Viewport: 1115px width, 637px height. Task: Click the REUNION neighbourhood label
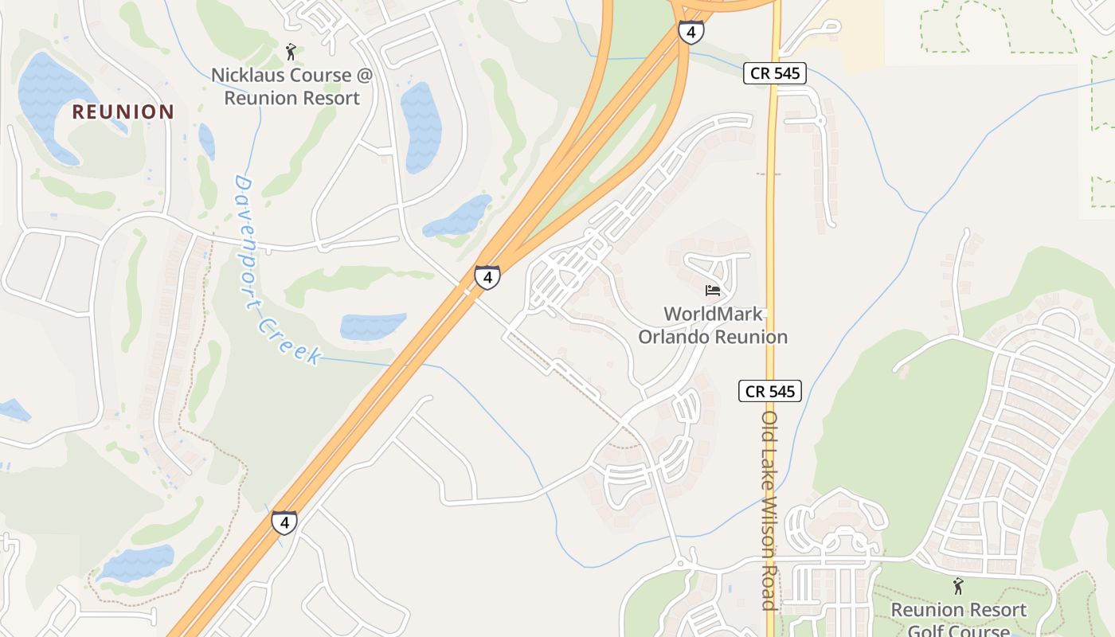tap(123, 111)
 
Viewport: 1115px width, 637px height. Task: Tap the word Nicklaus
tap(243, 76)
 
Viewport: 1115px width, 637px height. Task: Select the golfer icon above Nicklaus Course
tap(291, 53)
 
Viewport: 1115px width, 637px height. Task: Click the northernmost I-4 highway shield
tap(691, 32)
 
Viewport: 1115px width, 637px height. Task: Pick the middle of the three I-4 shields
tap(487, 277)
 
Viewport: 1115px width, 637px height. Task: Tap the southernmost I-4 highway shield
tap(284, 522)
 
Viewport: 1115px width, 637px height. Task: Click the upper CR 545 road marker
tap(776, 74)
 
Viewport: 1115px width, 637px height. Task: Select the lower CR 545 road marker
tap(769, 391)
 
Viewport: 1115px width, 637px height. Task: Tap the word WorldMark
tap(713, 314)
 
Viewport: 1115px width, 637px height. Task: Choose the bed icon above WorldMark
tap(713, 291)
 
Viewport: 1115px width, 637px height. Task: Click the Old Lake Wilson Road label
tap(769, 510)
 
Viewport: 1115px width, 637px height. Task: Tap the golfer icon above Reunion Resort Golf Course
tap(958, 587)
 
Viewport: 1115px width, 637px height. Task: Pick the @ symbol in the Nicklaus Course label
tap(364, 76)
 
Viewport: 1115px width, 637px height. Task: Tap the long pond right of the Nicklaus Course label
tap(421, 127)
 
